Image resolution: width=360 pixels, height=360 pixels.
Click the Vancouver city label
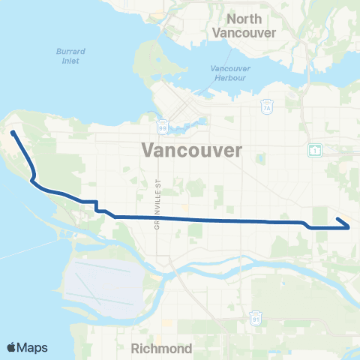(191, 150)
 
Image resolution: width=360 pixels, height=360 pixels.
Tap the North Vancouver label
(244, 25)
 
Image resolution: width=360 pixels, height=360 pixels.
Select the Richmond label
(162, 349)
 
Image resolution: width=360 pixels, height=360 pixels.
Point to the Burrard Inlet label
(72, 56)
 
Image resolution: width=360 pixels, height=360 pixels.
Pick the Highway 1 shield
(313, 150)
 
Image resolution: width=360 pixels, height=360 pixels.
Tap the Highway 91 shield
(256, 319)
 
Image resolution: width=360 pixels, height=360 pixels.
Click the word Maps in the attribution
(33, 347)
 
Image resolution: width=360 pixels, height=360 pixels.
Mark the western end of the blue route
(13, 133)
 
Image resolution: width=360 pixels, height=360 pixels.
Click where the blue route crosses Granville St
(158, 218)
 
